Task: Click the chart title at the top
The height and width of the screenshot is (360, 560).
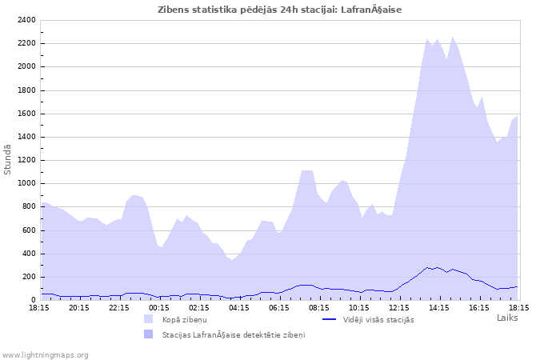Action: (x=280, y=10)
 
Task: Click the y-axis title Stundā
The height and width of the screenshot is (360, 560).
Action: (x=8, y=159)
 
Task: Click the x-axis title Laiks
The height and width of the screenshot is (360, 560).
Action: (x=507, y=318)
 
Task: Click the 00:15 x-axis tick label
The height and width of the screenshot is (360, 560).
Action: (x=159, y=307)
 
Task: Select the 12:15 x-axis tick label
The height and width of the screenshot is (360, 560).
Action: (x=399, y=307)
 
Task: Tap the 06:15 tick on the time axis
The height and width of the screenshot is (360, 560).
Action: (x=279, y=307)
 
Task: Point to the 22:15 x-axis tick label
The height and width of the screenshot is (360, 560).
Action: (x=119, y=307)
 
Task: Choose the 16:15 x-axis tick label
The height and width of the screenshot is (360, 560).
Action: (x=479, y=307)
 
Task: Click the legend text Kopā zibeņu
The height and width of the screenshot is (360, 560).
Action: (x=184, y=320)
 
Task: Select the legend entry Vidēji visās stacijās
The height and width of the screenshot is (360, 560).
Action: (x=378, y=320)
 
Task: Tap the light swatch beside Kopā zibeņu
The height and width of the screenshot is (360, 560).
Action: (x=148, y=319)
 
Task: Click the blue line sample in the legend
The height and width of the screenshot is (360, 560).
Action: (x=329, y=319)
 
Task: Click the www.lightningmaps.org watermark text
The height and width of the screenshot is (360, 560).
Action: (x=46, y=354)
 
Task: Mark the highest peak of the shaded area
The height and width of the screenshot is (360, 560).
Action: (x=453, y=37)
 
